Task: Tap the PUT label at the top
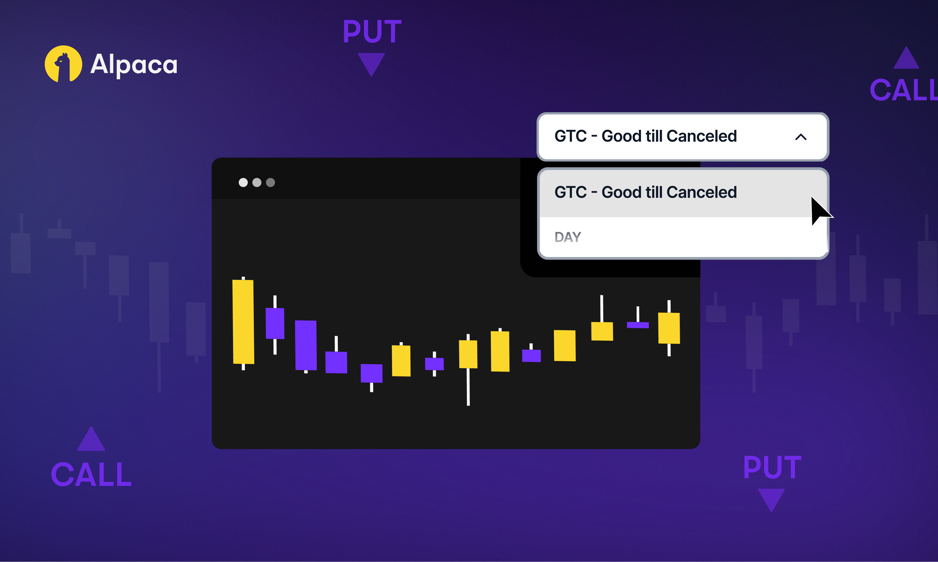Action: click(372, 32)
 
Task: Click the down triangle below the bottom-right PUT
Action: click(771, 498)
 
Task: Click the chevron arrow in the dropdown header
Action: click(801, 137)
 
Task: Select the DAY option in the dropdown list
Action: click(568, 237)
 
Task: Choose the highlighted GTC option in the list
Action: click(645, 192)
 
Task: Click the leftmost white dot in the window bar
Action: click(243, 183)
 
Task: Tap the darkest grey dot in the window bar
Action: click(270, 183)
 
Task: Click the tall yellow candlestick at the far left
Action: click(243, 322)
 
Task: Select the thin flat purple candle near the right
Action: click(638, 325)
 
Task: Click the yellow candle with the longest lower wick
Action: click(468, 354)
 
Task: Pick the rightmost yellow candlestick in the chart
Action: click(669, 328)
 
